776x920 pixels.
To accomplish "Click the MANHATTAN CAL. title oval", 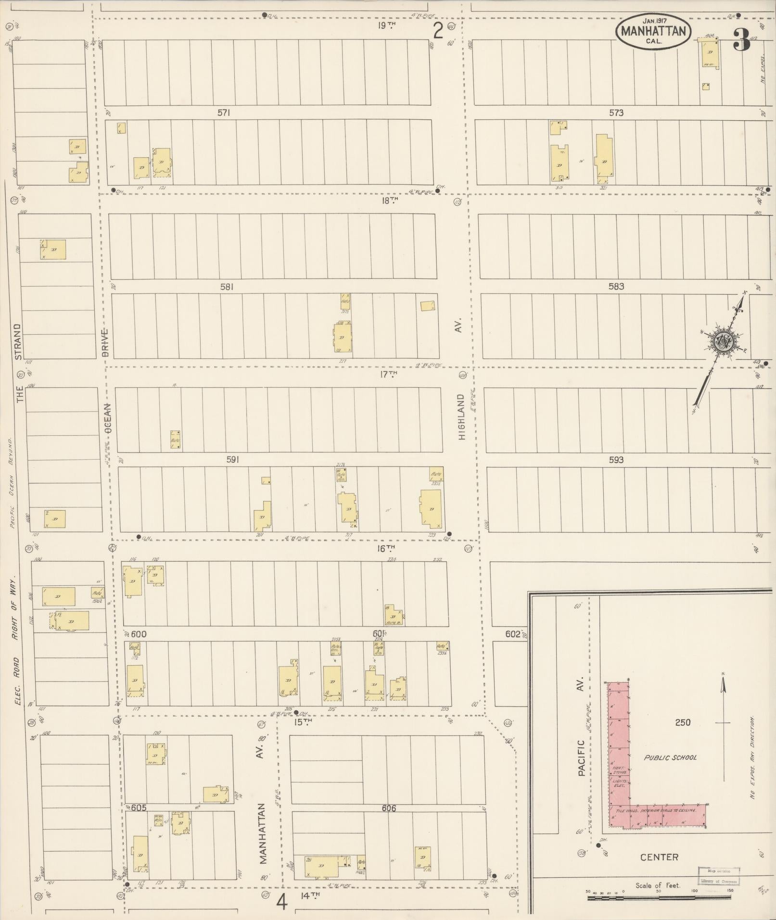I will pos(653,31).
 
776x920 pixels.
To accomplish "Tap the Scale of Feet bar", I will pos(659,897).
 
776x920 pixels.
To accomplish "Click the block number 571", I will pos(224,113).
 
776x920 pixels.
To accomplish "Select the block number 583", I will pos(616,286).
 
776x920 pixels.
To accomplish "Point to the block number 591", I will pos(233,460).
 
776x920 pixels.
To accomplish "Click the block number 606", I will pos(389,808).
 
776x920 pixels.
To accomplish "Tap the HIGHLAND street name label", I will pos(462,417).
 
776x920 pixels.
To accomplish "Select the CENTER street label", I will pos(659,857).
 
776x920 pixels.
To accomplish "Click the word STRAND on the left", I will pos(18,341).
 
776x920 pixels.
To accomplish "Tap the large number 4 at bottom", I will pos(282,902).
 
